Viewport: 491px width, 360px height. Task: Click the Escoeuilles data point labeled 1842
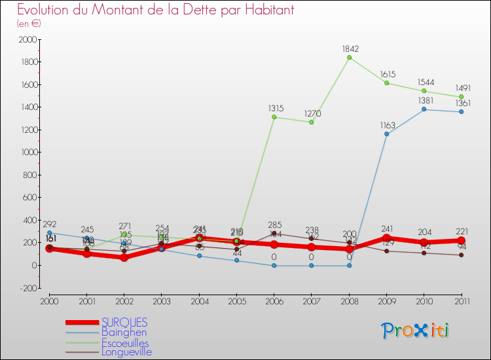[349, 58]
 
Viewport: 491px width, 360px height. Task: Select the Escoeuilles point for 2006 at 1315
[274, 117]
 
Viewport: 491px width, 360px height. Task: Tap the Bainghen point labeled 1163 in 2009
[386, 134]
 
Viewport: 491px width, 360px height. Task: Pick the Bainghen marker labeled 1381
[424, 109]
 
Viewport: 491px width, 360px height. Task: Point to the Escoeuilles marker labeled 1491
[462, 97]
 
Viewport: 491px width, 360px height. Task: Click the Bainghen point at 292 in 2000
[49, 232]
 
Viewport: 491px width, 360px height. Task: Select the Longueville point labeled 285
[274, 233]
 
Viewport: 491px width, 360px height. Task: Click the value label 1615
[386, 75]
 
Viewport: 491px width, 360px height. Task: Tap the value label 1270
[312, 113]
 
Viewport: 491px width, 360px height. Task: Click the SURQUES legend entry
[124, 322]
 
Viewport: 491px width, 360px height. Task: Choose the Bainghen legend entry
[124, 333]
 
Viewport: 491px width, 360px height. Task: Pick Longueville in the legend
[127, 352]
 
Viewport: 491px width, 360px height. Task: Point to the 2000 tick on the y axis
[28, 40]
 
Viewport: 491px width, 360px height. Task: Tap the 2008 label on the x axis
[349, 302]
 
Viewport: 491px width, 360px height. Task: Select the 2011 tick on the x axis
[462, 302]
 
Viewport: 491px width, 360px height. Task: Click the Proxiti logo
[416, 331]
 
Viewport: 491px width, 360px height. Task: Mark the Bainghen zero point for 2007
[312, 265]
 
